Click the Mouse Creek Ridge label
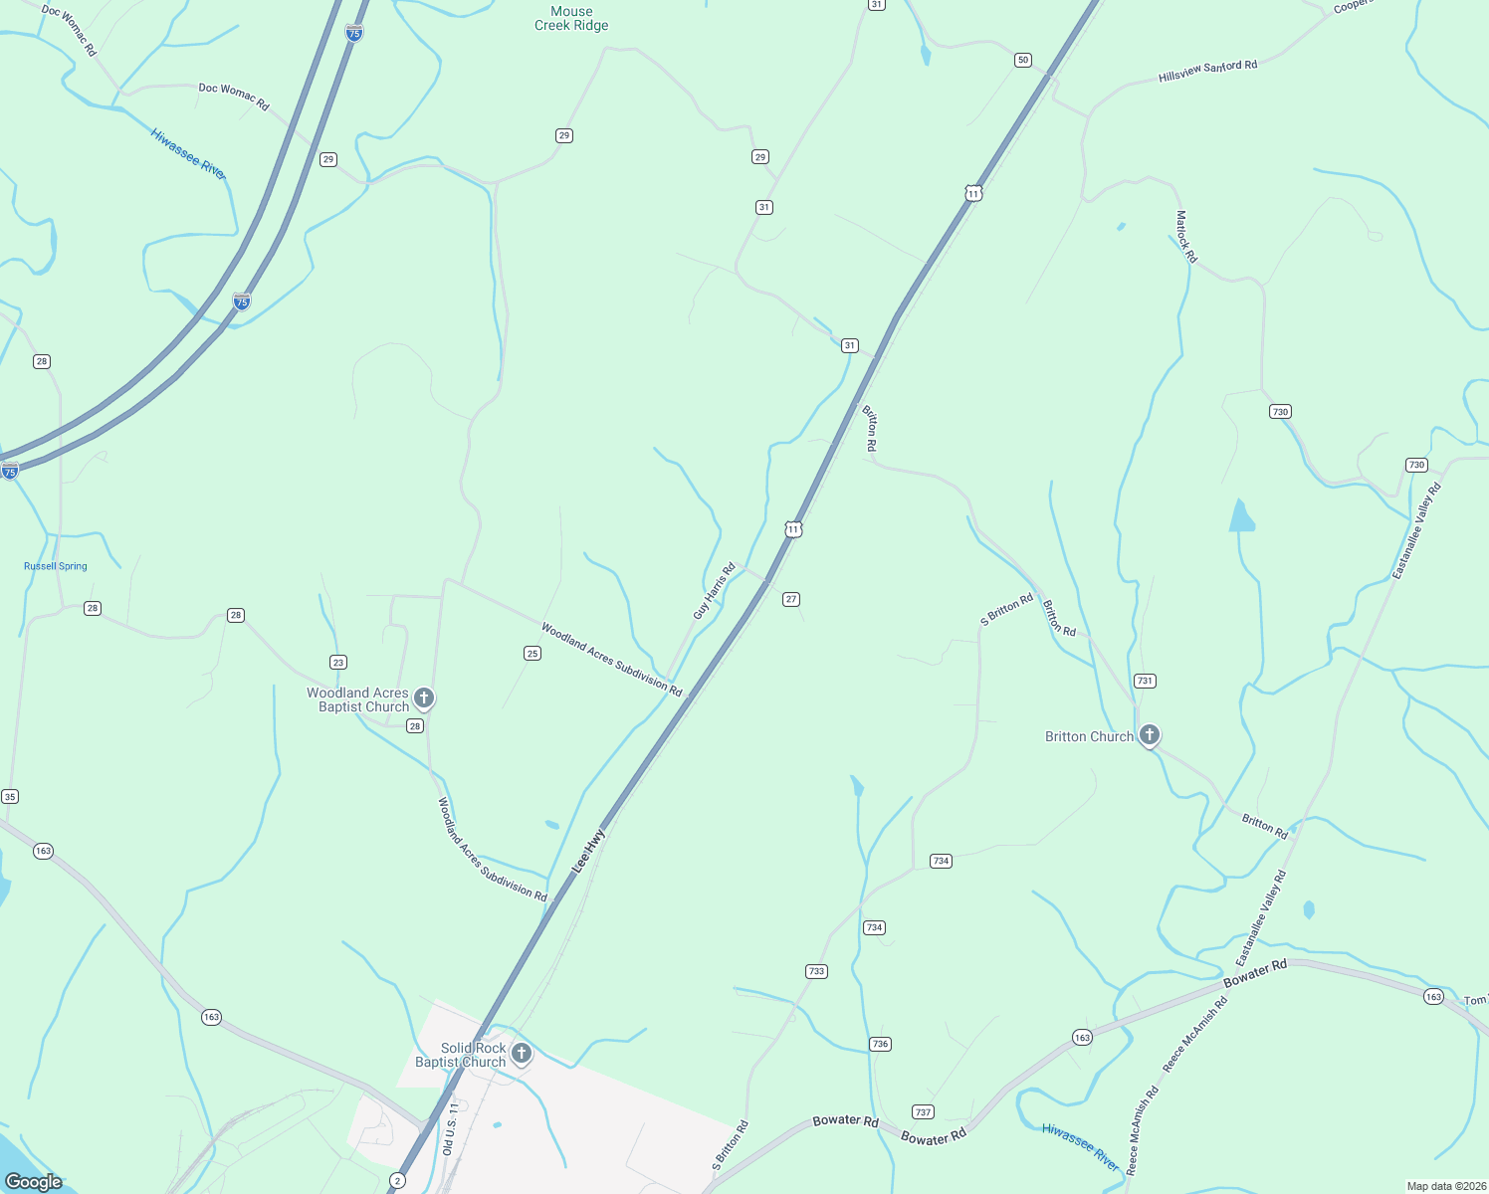(571, 19)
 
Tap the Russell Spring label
(56, 566)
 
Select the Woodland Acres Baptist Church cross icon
(424, 698)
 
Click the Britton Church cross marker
(1150, 735)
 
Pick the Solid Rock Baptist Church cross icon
(521, 1053)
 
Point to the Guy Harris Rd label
(714, 591)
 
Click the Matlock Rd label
(1185, 236)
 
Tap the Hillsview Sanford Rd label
(1207, 71)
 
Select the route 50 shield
(1023, 61)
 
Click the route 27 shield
(791, 599)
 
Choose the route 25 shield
(532, 653)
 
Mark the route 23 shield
(338, 662)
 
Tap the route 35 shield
(10, 796)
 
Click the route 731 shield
(1145, 681)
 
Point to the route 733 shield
(816, 971)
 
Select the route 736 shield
(880, 1044)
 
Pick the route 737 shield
(923, 1111)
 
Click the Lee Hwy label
(588, 852)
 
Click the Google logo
(34, 1182)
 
